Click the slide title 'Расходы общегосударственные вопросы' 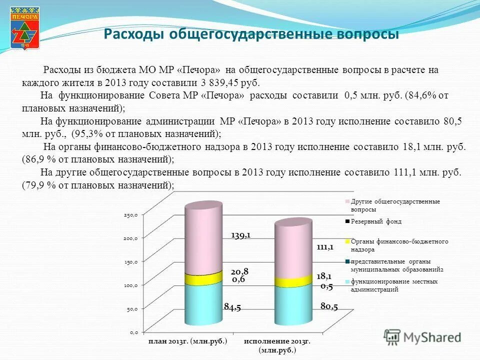pos(251,34)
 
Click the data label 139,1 pos(240,235)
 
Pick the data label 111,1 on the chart pos(324,247)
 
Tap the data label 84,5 pos(232,307)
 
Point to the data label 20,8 pos(239,271)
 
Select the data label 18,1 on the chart pos(324,276)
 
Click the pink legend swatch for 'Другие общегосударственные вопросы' pos(346,202)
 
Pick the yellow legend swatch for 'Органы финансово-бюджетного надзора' pos(346,241)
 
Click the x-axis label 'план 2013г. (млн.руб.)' pos(187,341)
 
